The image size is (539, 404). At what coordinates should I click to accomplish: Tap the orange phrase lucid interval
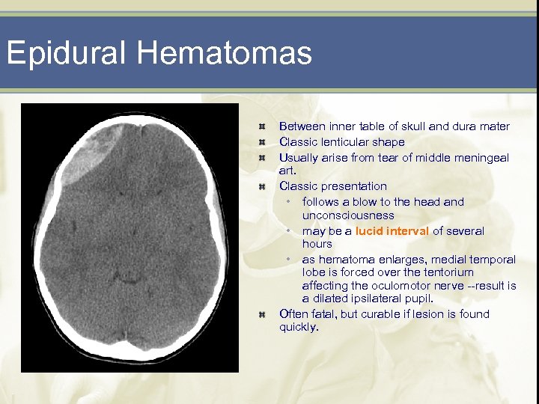pyautogui.click(x=392, y=231)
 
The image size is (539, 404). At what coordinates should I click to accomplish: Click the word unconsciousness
pyautogui.click(x=348, y=215)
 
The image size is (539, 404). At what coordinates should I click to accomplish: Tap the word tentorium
pyautogui.click(x=447, y=272)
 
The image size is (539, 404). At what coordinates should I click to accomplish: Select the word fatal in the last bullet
pyautogui.click(x=323, y=314)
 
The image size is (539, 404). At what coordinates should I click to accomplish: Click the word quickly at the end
pyautogui.click(x=298, y=328)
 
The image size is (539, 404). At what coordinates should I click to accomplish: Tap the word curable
pyautogui.click(x=388, y=314)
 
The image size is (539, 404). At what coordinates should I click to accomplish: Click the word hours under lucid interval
pyautogui.click(x=317, y=245)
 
